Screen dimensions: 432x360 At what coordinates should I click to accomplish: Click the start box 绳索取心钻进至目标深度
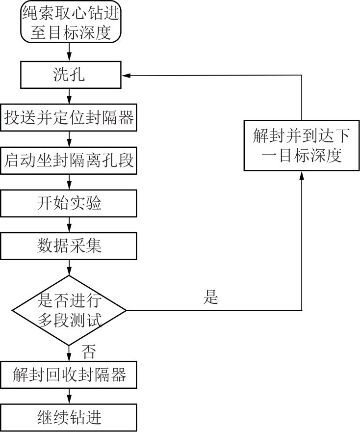(70, 23)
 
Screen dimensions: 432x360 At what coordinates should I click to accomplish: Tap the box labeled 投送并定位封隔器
(69, 118)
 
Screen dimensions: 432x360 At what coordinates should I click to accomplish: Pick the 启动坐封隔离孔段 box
(69, 161)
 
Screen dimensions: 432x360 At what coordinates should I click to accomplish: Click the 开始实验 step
(69, 203)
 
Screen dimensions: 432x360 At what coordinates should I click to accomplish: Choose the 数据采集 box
(69, 245)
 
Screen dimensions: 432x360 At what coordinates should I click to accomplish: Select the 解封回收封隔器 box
(69, 375)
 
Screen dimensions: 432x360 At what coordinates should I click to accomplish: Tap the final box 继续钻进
(69, 418)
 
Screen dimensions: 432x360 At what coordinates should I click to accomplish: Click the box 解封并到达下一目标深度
(301, 146)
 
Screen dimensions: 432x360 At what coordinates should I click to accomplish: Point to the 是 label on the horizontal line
(210, 297)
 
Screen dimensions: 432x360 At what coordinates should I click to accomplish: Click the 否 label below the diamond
(88, 351)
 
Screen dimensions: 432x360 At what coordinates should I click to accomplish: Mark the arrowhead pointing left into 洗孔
(126, 76)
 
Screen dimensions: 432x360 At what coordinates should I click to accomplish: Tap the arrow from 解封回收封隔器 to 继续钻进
(69, 396)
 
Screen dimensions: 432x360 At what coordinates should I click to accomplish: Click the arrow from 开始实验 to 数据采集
(69, 224)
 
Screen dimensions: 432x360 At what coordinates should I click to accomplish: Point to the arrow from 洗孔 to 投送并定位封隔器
(69, 97)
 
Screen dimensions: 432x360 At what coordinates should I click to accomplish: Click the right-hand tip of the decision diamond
(126, 310)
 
